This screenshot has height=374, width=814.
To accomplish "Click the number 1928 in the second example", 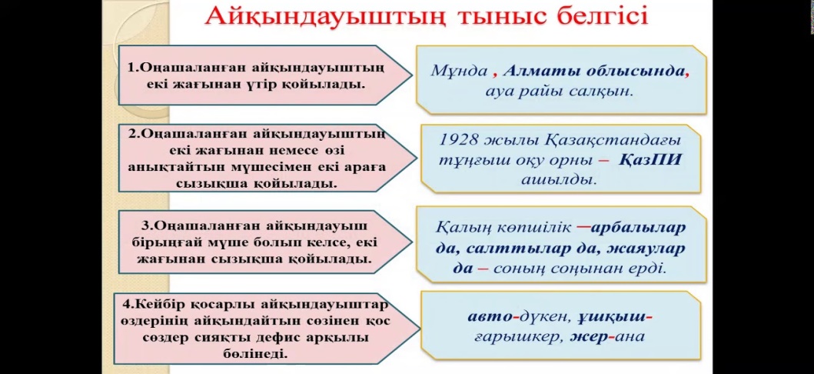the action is [x=459, y=140].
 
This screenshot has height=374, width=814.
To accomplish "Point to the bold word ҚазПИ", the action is [x=650, y=159].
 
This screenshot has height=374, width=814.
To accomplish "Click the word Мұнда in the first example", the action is [x=459, y=71].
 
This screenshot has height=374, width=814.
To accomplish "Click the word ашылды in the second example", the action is [x=559, y=180].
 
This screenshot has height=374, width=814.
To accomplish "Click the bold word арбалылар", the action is [x=639, y=228].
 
